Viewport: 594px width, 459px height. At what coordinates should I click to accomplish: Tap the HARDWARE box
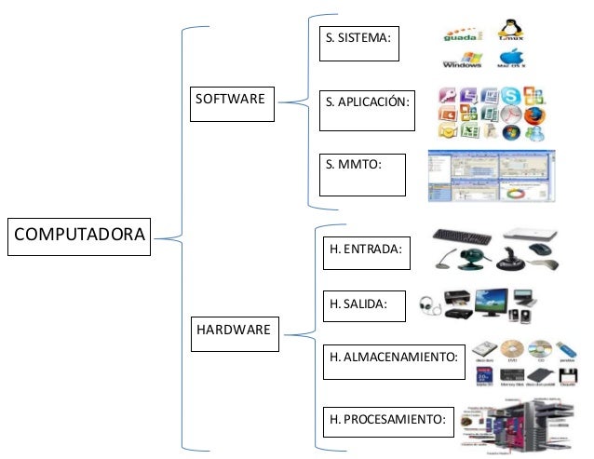[233, 334]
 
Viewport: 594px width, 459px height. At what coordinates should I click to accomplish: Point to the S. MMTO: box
[362, 174]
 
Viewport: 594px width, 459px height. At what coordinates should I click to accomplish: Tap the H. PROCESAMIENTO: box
[386, 421]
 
